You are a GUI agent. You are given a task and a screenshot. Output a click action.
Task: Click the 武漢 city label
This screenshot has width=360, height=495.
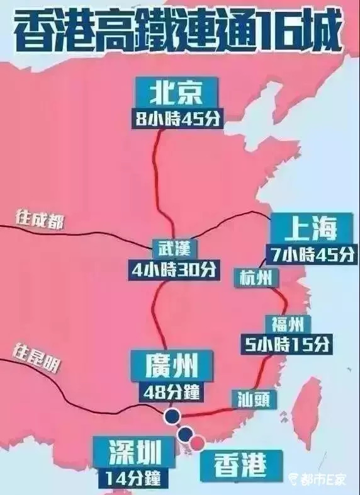[170, 247]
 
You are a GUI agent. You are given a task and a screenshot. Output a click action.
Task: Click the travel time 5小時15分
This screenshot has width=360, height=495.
[287, 344]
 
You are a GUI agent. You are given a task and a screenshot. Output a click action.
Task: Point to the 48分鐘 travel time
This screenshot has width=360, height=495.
[171, 390]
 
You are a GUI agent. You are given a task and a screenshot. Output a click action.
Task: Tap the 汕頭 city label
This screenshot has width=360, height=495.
[256, 398]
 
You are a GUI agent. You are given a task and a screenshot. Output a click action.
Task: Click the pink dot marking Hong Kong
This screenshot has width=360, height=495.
[197, 443]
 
